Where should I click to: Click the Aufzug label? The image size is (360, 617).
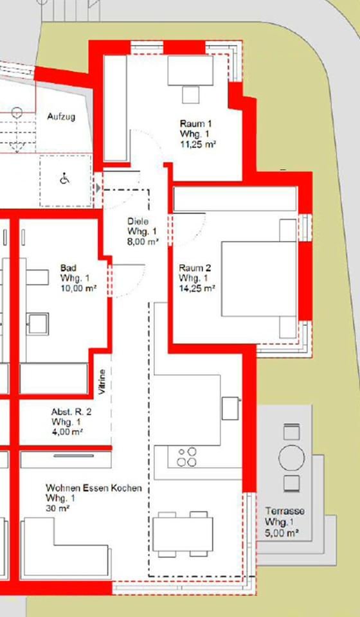coord(61,117)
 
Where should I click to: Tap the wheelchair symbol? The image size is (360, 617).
coord(65,179)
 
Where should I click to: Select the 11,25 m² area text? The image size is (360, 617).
coord(198,144)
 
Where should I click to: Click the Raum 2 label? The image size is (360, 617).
coord(195,269)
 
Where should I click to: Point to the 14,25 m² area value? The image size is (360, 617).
coord(197,289)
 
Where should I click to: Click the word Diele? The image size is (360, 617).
coord(138,222)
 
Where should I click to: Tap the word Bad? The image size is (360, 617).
coord(68,269)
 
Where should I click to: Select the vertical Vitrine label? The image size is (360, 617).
coord(102,382)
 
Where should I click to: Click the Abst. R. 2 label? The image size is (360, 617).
coord(71,412)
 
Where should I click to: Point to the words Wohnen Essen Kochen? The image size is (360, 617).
coord(94,488)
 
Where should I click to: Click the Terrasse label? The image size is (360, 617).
coord(284,511)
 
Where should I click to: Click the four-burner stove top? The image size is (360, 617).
coord(186,457)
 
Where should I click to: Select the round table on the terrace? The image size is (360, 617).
coord(292,458)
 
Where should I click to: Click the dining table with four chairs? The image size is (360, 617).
coord(183,534)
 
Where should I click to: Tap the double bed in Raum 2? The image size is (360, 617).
coord(259,279)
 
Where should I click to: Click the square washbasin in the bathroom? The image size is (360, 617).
coord(38,324)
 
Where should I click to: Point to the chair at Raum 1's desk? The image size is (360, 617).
coord(190,95)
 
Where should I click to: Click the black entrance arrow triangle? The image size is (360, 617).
coord(98,188)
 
